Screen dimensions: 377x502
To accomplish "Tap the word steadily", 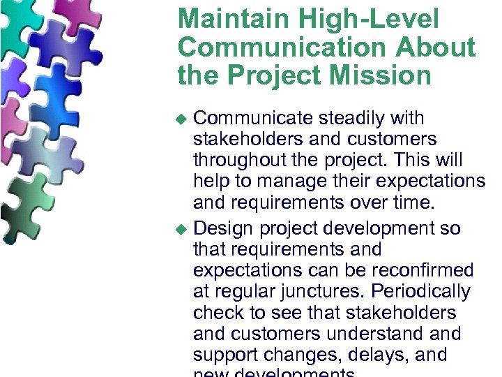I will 356,119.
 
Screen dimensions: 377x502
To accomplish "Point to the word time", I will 411,202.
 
